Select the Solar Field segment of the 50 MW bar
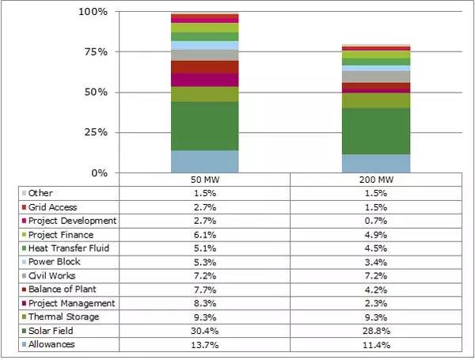(x=204, y=126)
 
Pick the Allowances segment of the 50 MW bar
(x=204, y=161)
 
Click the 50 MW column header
(x=204, y=180)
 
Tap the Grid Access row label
(x=55, y=207)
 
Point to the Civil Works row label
(x=55, y=275)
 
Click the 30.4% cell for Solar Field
(x=204, y=331)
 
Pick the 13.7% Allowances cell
(x=204, y=345)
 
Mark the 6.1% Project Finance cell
(x=204, y=234)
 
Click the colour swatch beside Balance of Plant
(x=24, y=290)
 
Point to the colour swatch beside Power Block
(x=24, y=262)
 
